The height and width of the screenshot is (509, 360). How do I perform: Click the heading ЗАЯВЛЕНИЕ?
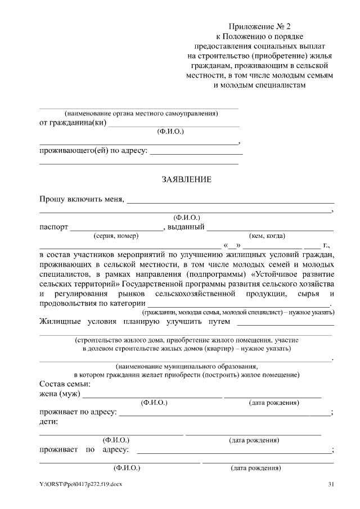point(186,180)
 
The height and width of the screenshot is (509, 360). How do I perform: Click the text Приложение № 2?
point(260,26)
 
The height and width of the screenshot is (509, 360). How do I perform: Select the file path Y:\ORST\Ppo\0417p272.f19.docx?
point(80,484)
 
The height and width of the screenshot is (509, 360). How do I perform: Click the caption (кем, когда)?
point(267,236)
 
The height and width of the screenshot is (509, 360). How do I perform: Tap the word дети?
point(49,421)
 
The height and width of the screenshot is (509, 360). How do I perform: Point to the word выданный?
point(186,227)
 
